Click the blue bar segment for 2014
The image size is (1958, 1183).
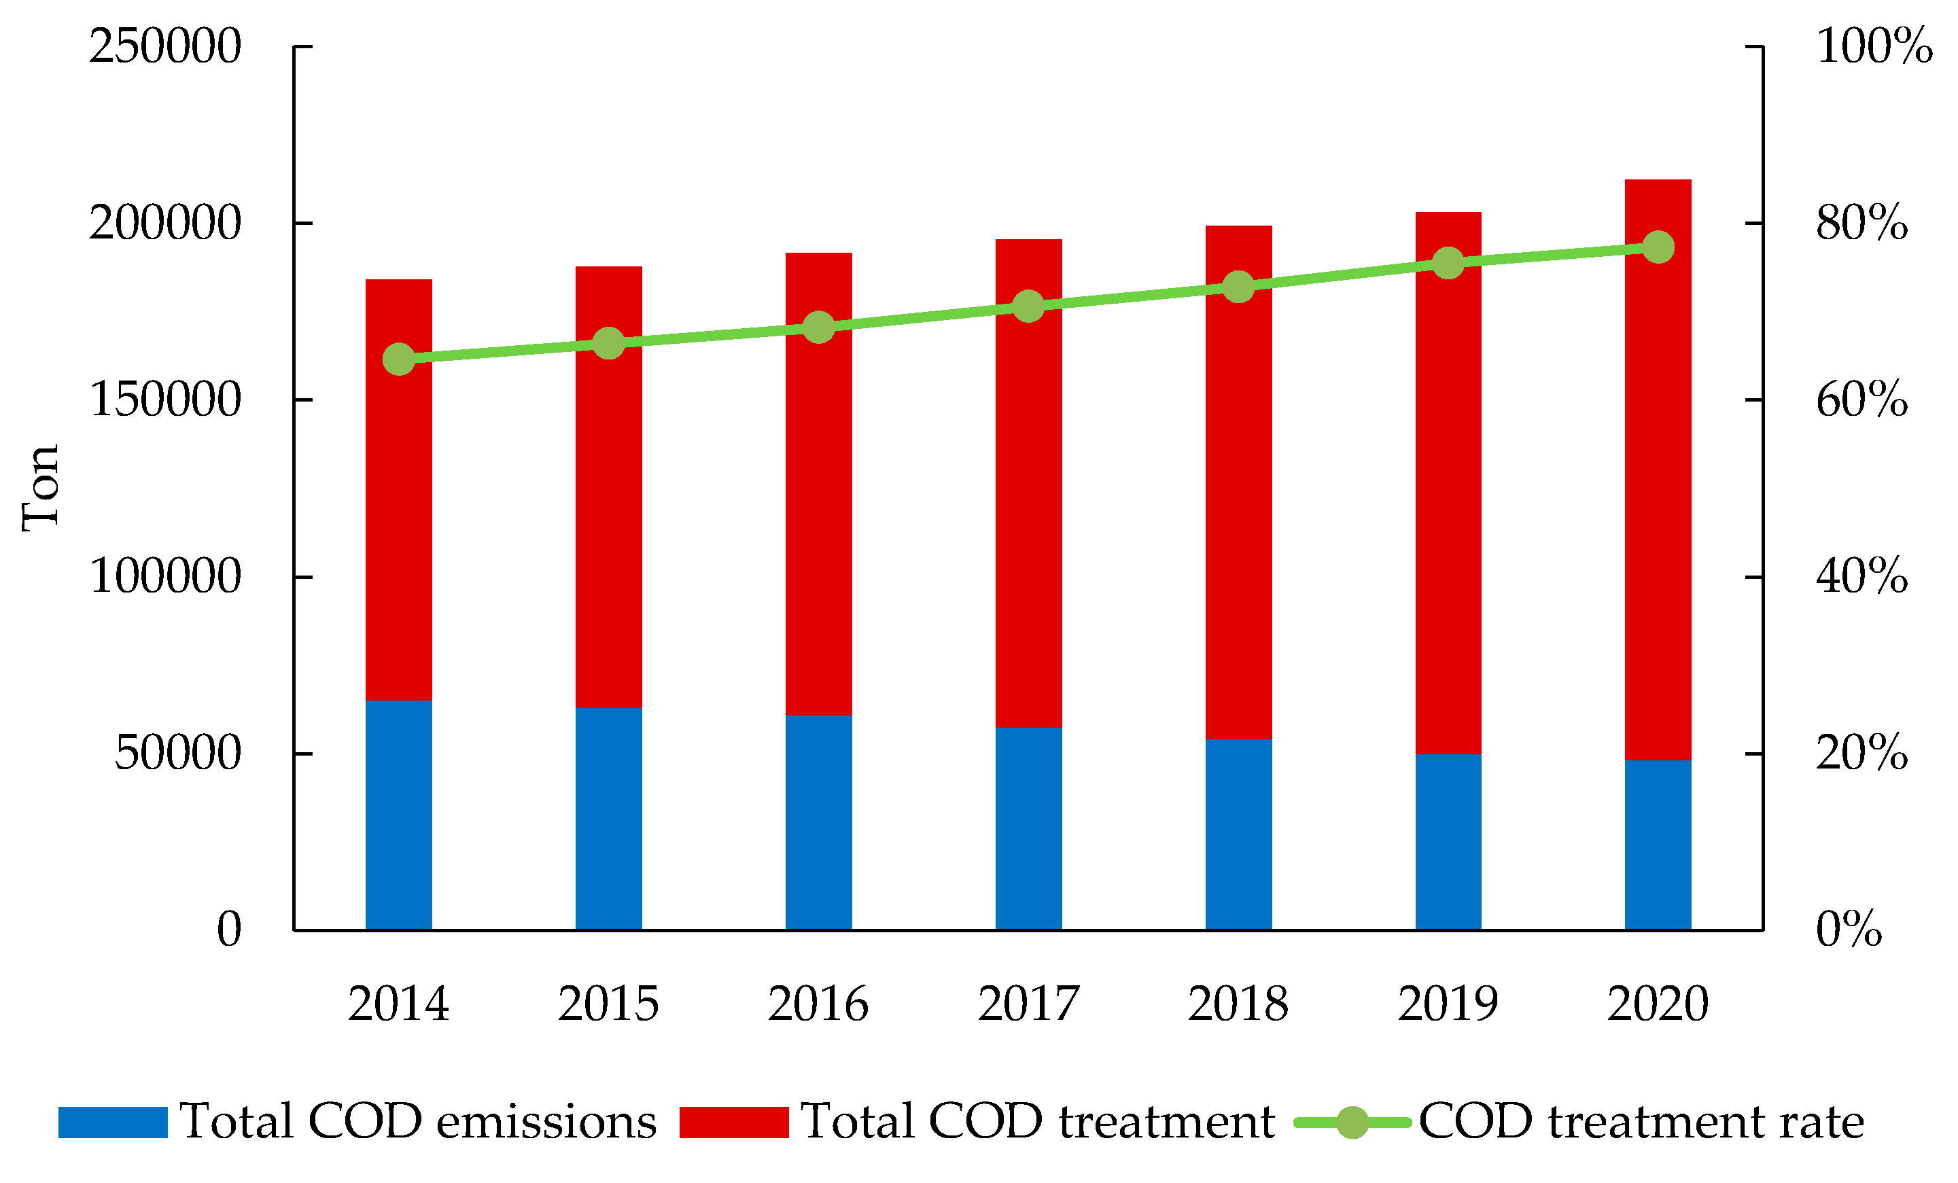pyautogui.click(x=399, y=815)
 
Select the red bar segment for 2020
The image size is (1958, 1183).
pyautogui.click(x=1658, y=470)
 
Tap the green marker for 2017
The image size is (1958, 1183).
pyautogui.click(x=1028, y=306)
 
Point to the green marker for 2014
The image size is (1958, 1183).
pyautogui.click(x=399, y=359)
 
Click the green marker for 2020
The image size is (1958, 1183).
pyautogui.click(x=1658, y=247)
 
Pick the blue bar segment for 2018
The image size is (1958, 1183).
pyautogui.click(x=1238, y=835)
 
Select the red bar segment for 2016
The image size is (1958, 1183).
pyautogui.click(x=818, y=484)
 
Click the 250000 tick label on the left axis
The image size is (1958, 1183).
pyautogui.click(x=164, y=46)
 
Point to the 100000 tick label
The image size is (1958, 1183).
pyautogui.click(x=164, y=576)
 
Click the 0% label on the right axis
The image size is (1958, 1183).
pyautogui.click(x=1849, y=929)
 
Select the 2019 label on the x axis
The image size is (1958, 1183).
pyautogui.click(x=1448, y=1004)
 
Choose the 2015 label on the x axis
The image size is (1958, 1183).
pyautogui.click(x=609, y=1004)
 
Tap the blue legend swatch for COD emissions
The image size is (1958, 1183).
pyautogui.click(x=113, y=1123)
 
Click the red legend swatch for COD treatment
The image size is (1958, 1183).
pyautogui.click(x=734, y=1123)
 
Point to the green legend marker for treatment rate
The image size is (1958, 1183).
pyautogui.click(x=1352, y=1123)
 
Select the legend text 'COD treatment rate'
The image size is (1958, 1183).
pyautogui.click(x=1642, y=1122)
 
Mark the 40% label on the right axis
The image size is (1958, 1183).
pyautogui.click(x=1862, y=576)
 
